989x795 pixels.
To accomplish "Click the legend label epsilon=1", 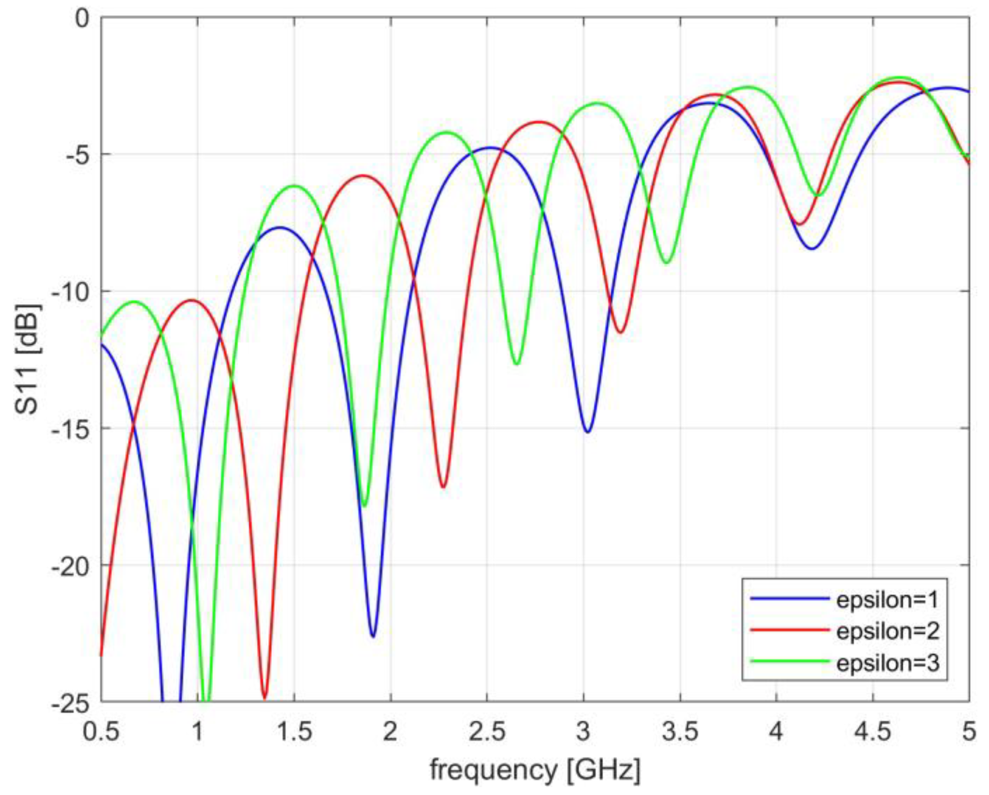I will point(887,600).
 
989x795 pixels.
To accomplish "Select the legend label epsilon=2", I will point(887,631).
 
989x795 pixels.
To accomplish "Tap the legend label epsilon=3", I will point(887,662).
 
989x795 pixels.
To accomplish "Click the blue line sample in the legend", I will point(790,598).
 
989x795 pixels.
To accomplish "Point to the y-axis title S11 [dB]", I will point(28,359).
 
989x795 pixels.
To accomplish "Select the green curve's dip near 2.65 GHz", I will point(516,363).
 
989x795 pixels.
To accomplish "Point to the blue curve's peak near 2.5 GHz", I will point(489,148).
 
